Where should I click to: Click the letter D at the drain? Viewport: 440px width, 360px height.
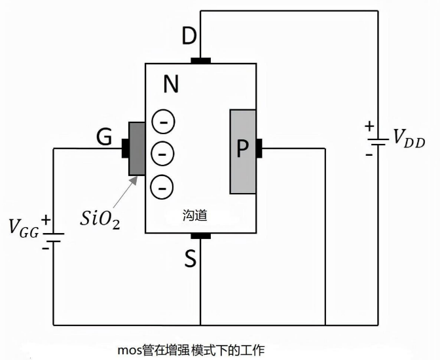pyautogui.click(x=189, y=37)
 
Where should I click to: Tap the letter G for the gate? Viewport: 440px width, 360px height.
pyautogui.click(x=104, y=137)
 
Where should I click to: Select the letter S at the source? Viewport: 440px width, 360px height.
pyautogui.click(x=190, y=260)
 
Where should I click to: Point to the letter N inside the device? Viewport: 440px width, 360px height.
pyautogui.click(x=170, y=84)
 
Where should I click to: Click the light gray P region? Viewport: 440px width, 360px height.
pyautogui.click(x=242, y=151)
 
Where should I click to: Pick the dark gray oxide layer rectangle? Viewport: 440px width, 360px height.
pyautogui.click(x=136, y=148)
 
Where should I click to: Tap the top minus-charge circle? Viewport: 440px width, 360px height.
pyautogui.click(x=163, y=122)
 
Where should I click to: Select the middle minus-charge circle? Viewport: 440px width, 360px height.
pyautogui.click(x=163, y=154)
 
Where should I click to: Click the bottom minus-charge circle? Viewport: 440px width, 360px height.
pyautogui.click(x=163, y=186)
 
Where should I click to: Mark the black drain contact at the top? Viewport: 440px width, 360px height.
pyautogui.click(x=201, y=61)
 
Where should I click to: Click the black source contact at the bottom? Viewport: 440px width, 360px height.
pyautogui.click(x=200, y=235)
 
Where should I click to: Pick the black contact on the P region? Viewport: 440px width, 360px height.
pyautogui.click(x=259, y=149)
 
